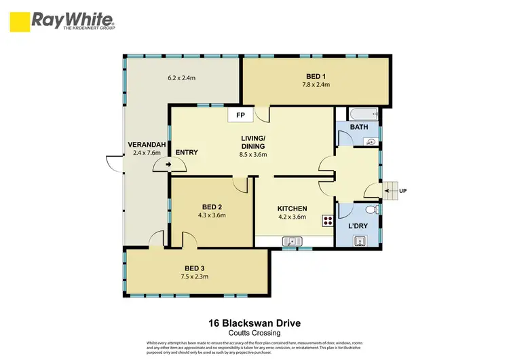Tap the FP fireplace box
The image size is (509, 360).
(x=240, y=115)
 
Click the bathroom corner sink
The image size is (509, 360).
(x=371, y=141)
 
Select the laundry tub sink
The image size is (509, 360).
(x=360, y=240)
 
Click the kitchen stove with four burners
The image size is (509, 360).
(x=328, y=221)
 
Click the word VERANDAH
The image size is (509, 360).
(x=144, y=145)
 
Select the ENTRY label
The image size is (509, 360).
(x=187, y=152)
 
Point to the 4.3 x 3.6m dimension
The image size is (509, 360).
(x=212, y=215)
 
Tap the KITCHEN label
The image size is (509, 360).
(x=293, y=209)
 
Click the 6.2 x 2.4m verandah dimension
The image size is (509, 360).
(x=181, y=78)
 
